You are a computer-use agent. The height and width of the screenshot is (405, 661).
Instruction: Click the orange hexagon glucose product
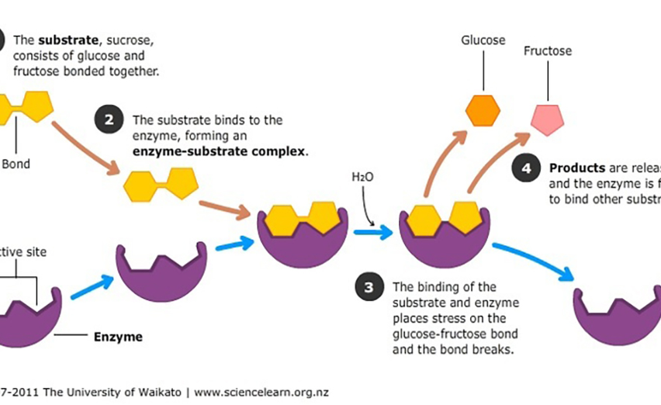click(x=483, y=110)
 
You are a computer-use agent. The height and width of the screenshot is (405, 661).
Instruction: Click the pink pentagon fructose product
click(x=547, y=116)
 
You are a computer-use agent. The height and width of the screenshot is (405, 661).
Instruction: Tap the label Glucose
click(x=483, y=40)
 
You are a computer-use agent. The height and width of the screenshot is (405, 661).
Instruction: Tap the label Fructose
click(x=547, y=51)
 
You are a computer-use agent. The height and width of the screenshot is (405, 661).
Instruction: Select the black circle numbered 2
click(x=109, y=119)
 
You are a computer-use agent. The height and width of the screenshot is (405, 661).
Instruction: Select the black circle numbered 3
click(x=369, y=286)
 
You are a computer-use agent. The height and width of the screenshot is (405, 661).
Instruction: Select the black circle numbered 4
click(x=526, y=168)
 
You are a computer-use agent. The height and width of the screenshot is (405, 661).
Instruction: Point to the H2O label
click(x=362, y=178)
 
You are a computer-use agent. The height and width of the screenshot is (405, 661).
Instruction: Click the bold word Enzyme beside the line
click(x=118, y=337)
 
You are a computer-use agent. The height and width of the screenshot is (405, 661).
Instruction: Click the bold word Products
click(x=576, y=168)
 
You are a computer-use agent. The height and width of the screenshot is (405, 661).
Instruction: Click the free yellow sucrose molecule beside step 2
click(x=161, y=185)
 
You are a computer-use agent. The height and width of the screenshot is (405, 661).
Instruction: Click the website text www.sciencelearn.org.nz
click(x=261, y=392)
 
